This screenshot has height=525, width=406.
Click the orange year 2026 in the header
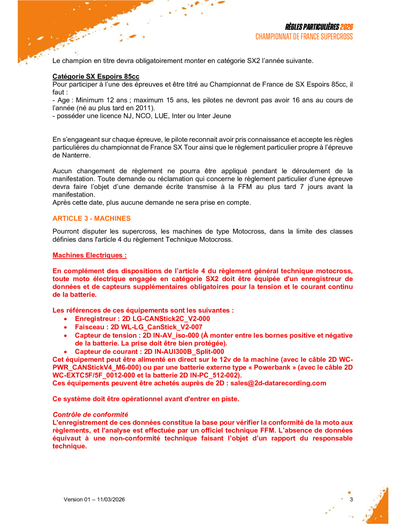346,27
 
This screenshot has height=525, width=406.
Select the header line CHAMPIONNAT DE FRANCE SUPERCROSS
304,37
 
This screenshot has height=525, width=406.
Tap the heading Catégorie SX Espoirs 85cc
96,76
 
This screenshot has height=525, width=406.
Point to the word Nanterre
76,155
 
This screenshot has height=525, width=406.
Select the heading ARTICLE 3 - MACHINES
91,218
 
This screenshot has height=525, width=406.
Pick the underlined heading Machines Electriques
89,255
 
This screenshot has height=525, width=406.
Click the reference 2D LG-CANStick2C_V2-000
166,319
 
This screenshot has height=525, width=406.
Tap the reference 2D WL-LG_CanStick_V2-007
156,327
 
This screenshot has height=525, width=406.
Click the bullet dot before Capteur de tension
65,336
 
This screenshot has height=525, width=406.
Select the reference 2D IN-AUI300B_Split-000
184,351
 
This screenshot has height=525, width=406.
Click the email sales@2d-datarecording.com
278,383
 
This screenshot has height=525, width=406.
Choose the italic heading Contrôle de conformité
90,414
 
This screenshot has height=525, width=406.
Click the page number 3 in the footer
351,500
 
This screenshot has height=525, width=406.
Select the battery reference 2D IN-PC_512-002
209,375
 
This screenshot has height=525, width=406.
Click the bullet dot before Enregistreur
65,319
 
